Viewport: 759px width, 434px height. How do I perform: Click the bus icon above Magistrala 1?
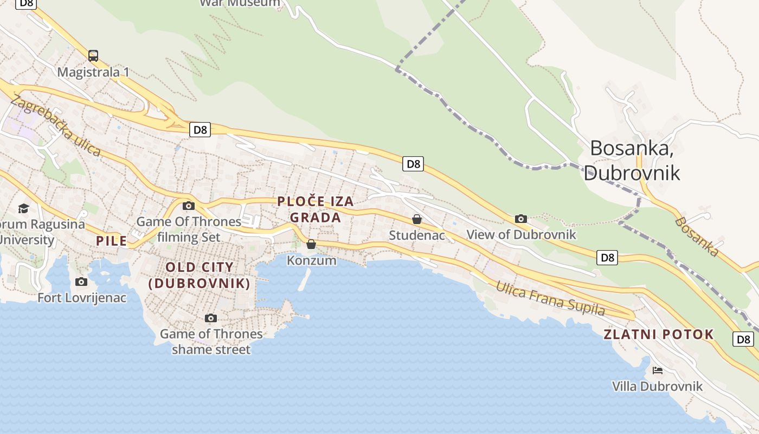[x=93, y=55]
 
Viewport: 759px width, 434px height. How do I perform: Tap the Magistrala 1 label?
[x=93, y=72]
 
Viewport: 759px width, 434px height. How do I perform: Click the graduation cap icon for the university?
[x=23, y=208]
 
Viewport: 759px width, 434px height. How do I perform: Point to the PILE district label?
[x=111, y=241]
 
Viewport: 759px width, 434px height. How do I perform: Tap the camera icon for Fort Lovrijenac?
[x=81, y=282]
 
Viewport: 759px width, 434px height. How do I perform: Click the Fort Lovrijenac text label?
[x=82, y=297]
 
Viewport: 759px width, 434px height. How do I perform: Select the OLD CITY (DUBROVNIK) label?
[x=200, y=275]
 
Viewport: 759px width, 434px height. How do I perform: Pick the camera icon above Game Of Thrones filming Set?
[x=189, y=206]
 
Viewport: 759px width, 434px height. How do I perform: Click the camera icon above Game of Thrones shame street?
[x=211, y=318]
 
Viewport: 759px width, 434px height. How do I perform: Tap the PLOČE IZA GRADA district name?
[x=316, y=209]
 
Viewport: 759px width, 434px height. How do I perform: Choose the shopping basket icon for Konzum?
[x=311, y=244]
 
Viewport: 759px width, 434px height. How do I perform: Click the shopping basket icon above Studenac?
[x=417, y=219]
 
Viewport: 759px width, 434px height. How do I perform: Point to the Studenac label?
[x=417, y=235]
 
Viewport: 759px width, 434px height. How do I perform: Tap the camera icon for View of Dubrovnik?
[x=521, y=219]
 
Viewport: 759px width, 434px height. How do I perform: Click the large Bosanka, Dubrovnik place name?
[x=632, y=160]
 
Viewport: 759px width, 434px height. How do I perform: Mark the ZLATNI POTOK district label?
[x=659, y=334]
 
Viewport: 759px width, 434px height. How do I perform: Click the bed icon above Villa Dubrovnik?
[x=658, y=371]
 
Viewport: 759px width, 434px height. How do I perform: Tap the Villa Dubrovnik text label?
[x=657, y=386]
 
